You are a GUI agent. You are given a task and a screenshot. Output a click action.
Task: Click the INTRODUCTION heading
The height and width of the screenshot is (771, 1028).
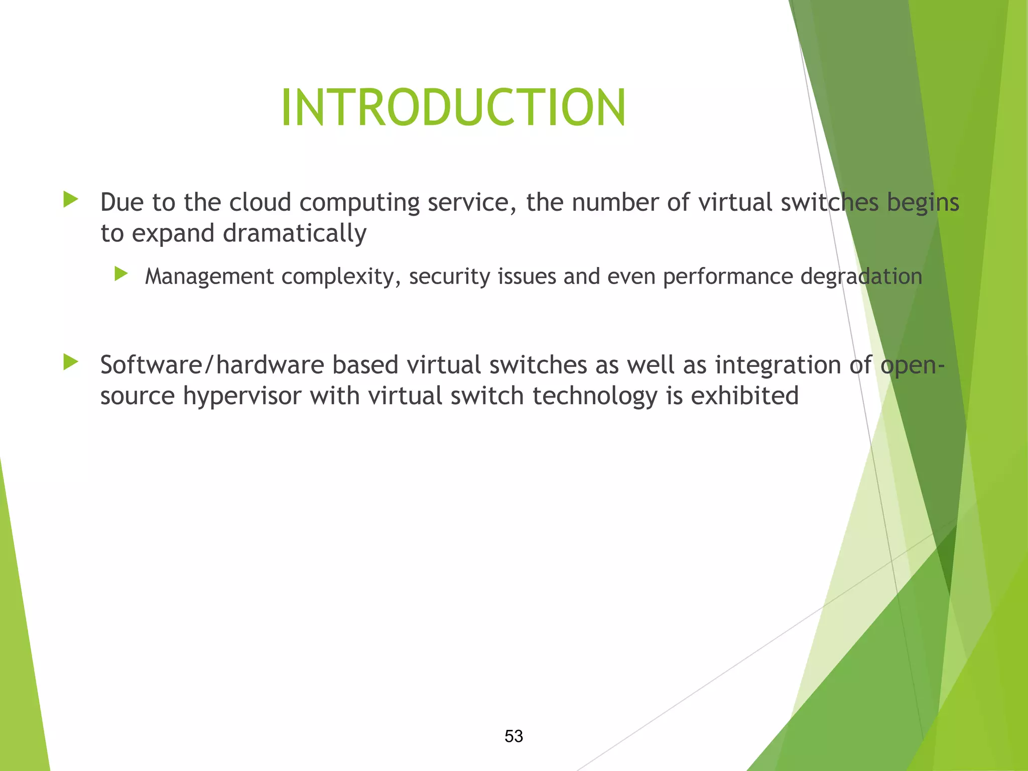coord(453,108)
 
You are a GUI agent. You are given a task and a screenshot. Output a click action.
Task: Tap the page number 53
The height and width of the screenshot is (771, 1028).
coord(513,736)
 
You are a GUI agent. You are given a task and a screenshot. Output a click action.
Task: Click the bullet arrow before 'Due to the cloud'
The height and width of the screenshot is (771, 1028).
coord(71,200)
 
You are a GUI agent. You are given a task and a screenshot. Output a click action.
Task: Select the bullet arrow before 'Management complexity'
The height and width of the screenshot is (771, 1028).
coord(121,274)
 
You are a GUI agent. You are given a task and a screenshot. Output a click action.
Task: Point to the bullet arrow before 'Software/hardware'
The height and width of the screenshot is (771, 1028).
coord(71,362)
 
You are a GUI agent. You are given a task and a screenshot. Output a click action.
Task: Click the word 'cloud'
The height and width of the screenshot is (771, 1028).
coord(260,202)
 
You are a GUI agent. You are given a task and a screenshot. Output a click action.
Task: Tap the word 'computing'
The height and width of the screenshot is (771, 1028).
coord(359,203)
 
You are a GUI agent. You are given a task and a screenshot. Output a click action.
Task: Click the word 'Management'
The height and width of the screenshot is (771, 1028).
coord(209,277)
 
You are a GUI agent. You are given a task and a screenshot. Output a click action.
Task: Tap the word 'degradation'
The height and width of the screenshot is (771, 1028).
coord(861,277)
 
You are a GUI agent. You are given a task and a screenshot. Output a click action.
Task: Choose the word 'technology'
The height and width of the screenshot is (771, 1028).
coord(595,397)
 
